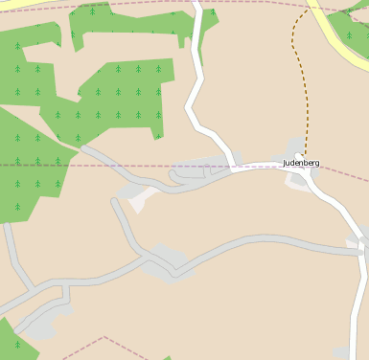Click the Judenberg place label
[x=301, y=163]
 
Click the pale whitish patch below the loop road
[x=144, y=199]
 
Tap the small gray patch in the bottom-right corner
[x=342, y=353]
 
